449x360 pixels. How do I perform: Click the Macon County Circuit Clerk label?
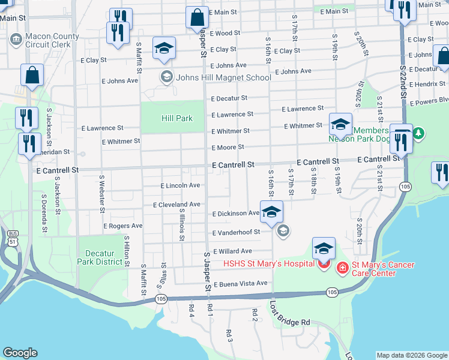(52, 40)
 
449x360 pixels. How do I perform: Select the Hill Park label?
(177, 118)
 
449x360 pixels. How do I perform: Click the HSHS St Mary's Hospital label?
(269, 263)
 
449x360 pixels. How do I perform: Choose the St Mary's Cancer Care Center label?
(373, 269)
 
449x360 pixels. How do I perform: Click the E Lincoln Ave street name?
(180, 186)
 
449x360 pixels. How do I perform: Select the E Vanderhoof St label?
(236, 232)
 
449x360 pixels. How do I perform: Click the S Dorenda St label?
(44, 212)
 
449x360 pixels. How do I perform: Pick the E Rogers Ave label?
(123, 226)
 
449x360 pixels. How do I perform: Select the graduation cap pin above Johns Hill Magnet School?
(164, 49)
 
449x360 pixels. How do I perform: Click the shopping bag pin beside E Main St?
(196, 19)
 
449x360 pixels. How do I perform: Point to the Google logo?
(20, 353)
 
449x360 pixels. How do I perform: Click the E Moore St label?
(228, 147)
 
